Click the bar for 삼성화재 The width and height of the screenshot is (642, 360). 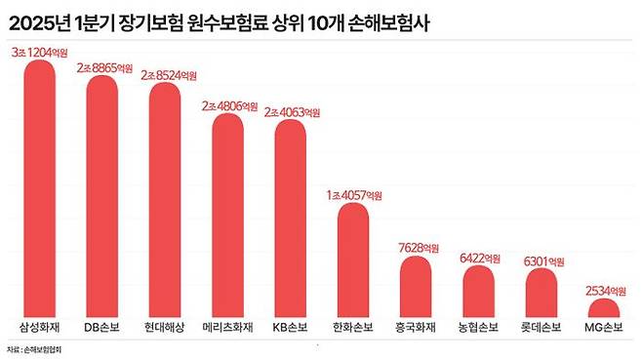[x=40, y=185]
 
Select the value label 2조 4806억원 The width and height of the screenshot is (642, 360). [x=228, y=105]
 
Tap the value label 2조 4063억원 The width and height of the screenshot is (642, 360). [x=291, y=111]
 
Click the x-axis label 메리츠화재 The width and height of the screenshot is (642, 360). [x=227, y=326]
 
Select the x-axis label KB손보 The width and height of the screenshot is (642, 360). [x=290, y=326]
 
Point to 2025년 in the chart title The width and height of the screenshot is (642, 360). [x=35, y=18]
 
